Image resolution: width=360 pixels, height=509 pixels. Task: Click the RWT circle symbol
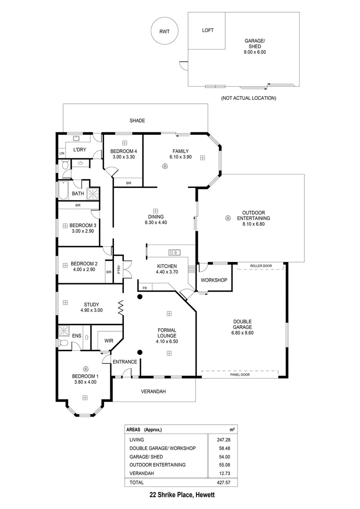point(164,32)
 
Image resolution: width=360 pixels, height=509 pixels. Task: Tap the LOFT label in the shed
point(208,30)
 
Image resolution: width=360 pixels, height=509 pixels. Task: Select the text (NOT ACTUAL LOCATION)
point(248,98)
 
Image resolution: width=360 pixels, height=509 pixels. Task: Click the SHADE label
point(137,121)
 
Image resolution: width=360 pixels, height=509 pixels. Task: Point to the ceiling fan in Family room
point(165,165)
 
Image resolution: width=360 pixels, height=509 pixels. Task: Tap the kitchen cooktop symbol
point(192,270)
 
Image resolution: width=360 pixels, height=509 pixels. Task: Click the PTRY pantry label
point(119,270)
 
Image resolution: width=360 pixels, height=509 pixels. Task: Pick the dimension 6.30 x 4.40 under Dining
point(155,222)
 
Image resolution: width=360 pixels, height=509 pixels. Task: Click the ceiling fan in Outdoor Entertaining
point(228,218)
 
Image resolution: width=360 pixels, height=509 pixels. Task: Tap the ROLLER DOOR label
point(261,266)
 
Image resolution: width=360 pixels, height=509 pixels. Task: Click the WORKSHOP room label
point(214,280)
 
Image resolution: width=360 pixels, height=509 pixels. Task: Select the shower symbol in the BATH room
point(94,193)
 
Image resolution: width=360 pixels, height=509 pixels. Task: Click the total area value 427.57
point(228,483)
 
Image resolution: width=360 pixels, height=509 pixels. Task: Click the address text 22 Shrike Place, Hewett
point(180,495)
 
